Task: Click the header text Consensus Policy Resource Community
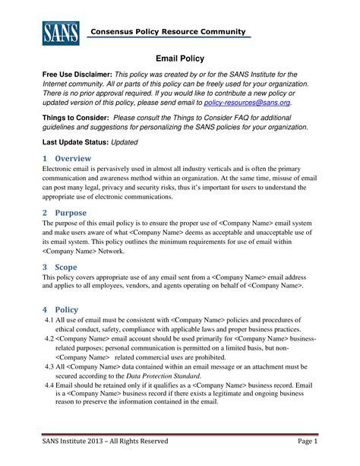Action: (x=167, y=31)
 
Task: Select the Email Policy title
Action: (x=179, y=57)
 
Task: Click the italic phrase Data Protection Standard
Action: (x=158, y=376)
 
